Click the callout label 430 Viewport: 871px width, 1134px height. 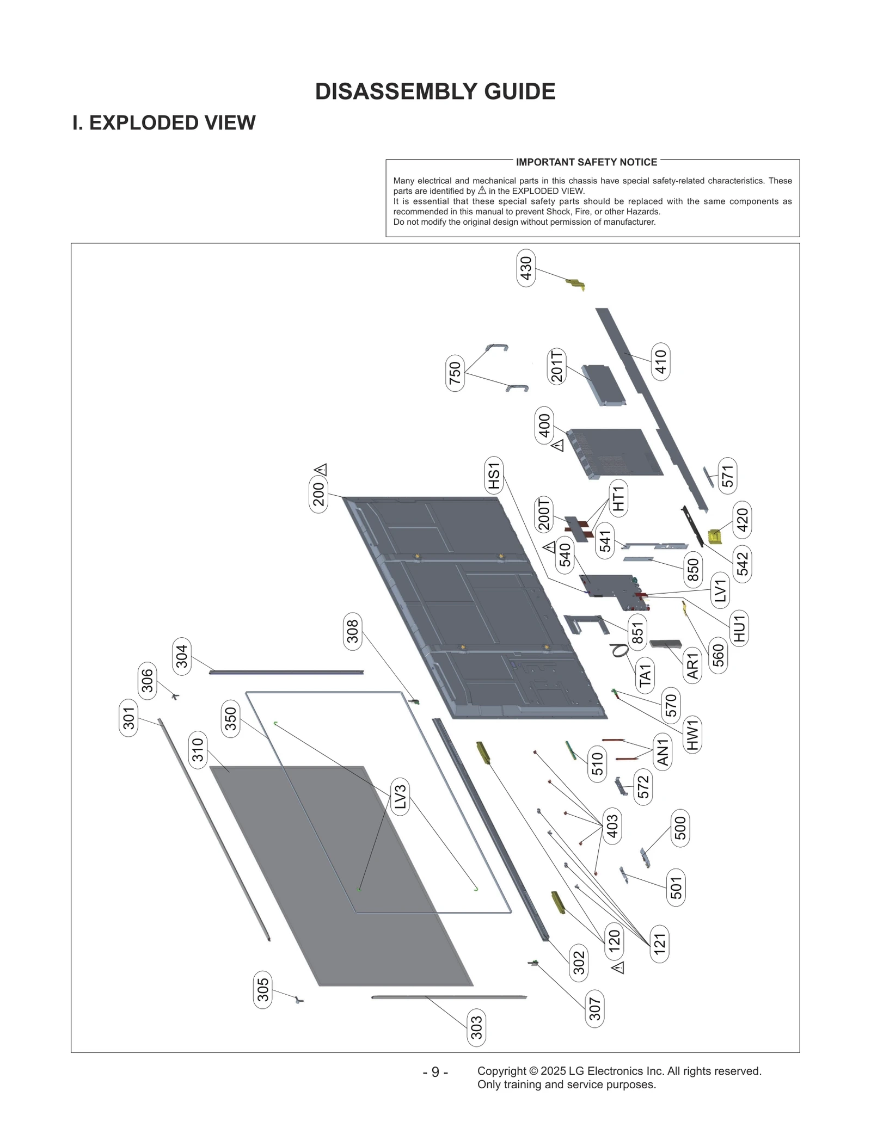point(526,268)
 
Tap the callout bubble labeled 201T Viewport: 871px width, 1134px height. point(556,367)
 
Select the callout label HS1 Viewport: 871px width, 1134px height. point(494,476)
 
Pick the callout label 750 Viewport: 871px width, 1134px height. point(455,373)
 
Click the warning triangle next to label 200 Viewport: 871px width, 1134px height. point(321,469)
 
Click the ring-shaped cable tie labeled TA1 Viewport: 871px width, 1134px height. point(619,650)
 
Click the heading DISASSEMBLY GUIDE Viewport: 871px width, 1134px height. point(435,91)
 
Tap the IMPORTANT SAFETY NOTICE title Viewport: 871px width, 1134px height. point(586,162)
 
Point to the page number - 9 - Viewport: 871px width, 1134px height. point(435,1072)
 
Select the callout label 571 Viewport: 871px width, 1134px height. point(728,476)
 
